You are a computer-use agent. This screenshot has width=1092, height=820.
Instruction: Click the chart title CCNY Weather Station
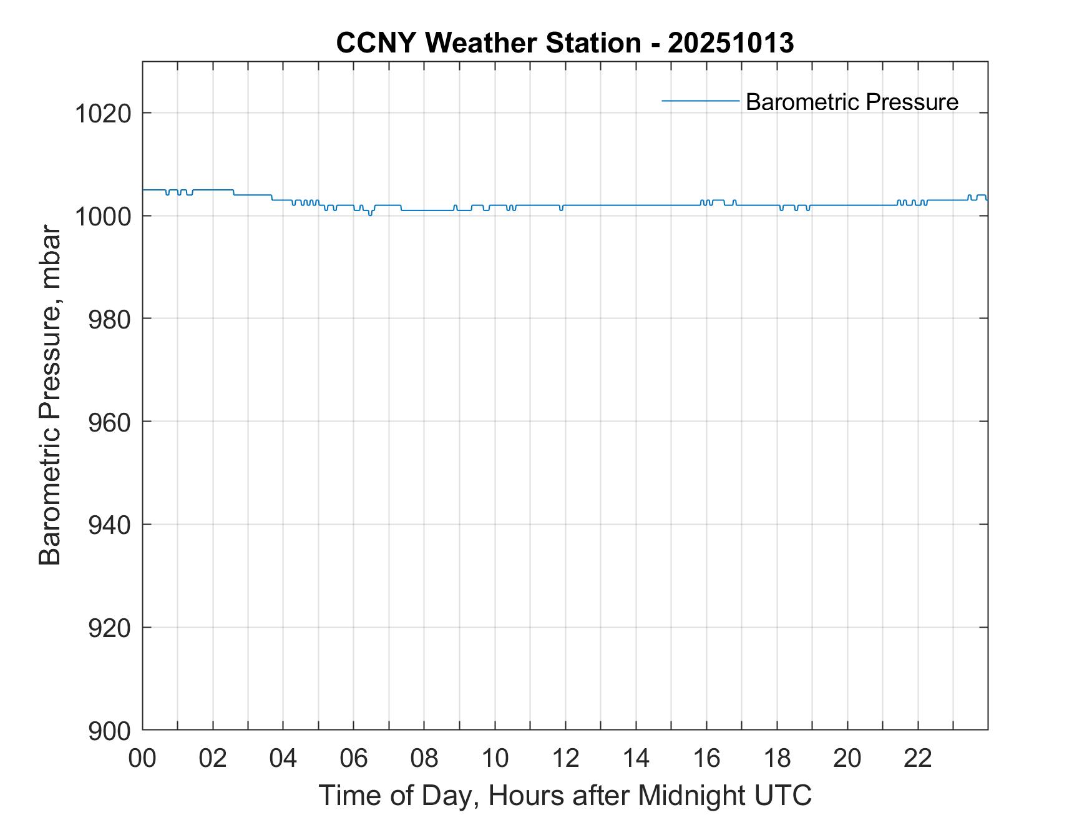coord(488,43)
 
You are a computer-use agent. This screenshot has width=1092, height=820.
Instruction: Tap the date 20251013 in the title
coord(731,43)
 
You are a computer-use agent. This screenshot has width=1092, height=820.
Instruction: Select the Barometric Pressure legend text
coord(852,102)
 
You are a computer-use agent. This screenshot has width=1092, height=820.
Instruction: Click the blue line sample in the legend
coord(700,101)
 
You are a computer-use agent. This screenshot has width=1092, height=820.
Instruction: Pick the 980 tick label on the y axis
coord(109,319)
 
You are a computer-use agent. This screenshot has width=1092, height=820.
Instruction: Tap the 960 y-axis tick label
coord(109,422)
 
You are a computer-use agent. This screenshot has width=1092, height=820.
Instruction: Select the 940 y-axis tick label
coord(109,525)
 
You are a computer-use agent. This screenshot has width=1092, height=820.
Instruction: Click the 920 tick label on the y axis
coord(109,628)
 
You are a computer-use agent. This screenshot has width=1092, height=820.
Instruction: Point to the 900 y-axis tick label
coord(109,731)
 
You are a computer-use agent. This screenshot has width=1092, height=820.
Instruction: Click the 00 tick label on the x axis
coord(142,758)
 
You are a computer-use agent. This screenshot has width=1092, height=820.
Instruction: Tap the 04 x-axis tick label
coord(283,758)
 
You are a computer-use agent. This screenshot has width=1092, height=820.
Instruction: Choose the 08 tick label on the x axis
coord(424,758)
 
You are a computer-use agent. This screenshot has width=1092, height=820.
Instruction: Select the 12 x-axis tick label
coord(565,758)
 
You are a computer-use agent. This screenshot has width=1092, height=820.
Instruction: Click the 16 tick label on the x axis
coord(706,758)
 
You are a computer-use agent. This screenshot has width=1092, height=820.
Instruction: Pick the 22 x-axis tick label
coord(918,758)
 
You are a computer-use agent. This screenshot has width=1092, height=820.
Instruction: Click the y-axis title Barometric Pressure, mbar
coord(50,396)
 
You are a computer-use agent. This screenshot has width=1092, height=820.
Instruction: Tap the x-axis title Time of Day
coord(565,796)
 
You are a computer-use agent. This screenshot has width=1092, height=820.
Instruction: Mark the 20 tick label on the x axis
coord(847,758)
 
